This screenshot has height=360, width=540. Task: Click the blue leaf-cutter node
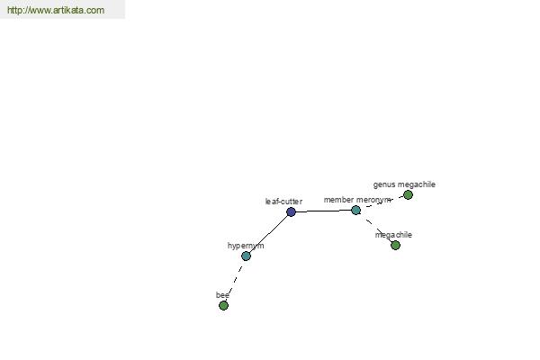tap(291, 211)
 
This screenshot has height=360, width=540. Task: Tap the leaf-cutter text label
tap(283, 202)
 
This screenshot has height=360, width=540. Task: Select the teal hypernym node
tap(246, 256)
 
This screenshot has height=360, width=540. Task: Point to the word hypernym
tap(246, 246)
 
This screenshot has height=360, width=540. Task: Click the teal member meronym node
tap(355, 210)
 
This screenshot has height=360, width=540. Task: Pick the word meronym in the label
tap(373, 200)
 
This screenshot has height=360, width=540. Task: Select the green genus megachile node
tap(408, 195)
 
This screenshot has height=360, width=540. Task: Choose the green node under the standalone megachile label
tap(395, 246)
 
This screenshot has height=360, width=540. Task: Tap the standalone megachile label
tap(393, 235)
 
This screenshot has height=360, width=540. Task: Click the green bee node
tap(223, 306)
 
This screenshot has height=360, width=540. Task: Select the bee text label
tap(222, 295)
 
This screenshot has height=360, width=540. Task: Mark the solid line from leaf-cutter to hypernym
tap(268, 234)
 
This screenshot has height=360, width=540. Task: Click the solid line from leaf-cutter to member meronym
tap(323, 211)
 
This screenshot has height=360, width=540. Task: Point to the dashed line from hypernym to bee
tap(235, 281)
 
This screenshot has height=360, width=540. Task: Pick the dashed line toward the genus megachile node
tap(382, 202)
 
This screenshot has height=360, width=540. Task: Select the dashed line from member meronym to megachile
tap(375, 228)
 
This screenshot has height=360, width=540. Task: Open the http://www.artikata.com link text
tap(56, 10)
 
